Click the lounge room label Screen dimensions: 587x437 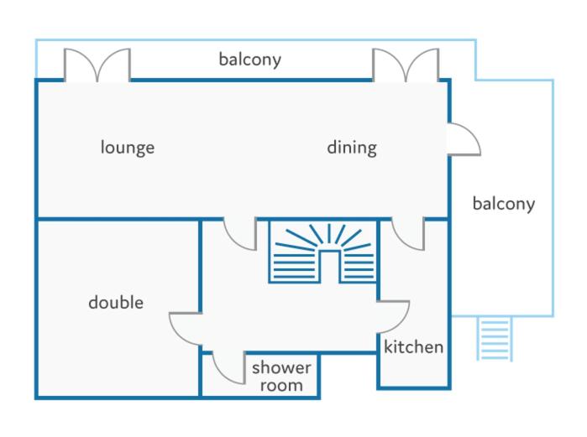(128, 148)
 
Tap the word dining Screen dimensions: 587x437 (352, 148)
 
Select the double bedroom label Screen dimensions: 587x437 (116, 302)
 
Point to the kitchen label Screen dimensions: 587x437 (414, 347)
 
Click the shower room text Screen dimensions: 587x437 (281, 376)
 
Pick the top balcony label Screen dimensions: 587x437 (249, 60)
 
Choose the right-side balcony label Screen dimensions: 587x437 (504, 204)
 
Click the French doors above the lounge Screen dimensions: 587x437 (97, 65)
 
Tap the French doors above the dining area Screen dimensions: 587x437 (406, 65)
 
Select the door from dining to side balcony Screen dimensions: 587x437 (464, 138)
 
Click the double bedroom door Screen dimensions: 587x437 (186, 329)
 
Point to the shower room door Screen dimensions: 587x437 (229, 367)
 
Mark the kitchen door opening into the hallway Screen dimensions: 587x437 (394, 316)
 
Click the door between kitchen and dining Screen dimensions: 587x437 (408, 234)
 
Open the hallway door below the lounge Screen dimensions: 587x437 (240, 234)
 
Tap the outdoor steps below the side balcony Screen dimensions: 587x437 (495, 339)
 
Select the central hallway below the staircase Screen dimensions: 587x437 (288, 318)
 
